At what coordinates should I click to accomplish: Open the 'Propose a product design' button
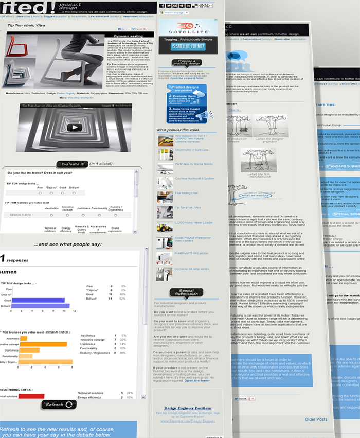(x=186, y=63)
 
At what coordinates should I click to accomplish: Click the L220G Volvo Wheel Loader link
(x=187, y=223)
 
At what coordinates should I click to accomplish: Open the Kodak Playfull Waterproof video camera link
(x=187, y=239)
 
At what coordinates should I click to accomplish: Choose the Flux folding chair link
(x=186, y=193)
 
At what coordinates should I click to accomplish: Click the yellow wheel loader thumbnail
(x=165, y=226)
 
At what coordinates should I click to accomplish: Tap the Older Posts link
(x=316, y=419)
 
